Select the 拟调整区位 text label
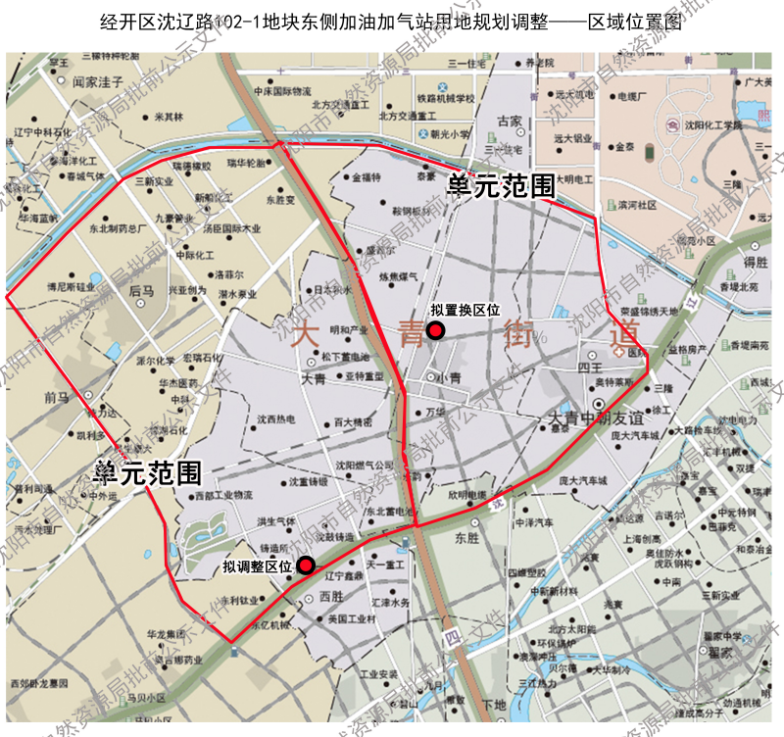(258, 565)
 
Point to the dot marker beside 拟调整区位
(306, 565)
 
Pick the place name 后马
(141, 291)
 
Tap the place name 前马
(57, 397)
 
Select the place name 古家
(510, 122)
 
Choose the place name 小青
(450, 376)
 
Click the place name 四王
(589, 368)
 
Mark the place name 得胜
(755, 262)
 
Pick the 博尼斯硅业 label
(68, 287)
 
